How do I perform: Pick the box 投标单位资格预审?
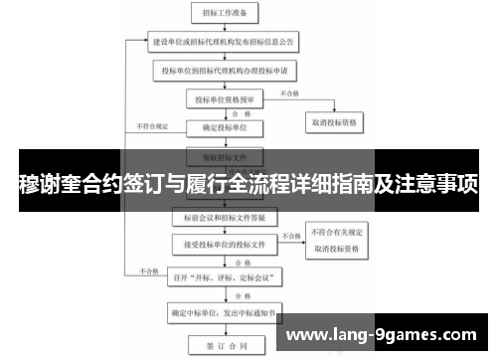(226, 99)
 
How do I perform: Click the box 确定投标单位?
(226, 127)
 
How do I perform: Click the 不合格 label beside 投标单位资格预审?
(288, 93)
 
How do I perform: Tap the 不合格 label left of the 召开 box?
(150, 269)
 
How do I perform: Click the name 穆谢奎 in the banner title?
(53, 184)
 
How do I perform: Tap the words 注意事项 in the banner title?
(437, 184)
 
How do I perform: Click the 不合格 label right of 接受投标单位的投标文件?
(289, 236)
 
